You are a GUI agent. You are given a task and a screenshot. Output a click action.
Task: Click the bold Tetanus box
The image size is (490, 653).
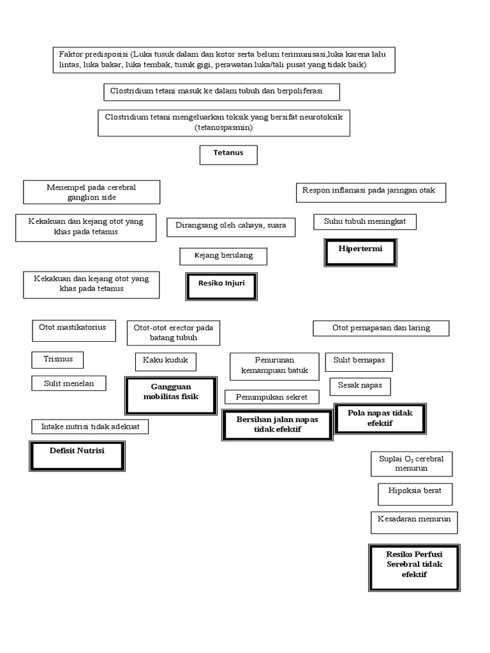pos(228,154)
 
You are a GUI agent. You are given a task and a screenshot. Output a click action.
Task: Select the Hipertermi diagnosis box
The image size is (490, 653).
pos(360,251)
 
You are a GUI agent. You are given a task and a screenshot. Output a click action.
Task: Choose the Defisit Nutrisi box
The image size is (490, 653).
pos(77,455)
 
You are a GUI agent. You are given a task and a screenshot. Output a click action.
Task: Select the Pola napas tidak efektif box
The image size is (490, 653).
pos(380,418)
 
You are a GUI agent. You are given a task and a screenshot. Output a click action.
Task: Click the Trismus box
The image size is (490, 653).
pos(58,359)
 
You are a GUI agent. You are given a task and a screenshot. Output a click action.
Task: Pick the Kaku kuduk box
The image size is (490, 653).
pos(165,362)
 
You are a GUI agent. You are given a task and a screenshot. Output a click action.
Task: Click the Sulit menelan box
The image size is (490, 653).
pos(69,383)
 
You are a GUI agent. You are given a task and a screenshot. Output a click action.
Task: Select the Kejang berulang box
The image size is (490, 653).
pos(223,256)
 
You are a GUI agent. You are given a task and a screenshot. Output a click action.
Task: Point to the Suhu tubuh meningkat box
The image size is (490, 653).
pos(364,221)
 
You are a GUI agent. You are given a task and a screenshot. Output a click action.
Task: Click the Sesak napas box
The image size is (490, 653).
pos(360,386)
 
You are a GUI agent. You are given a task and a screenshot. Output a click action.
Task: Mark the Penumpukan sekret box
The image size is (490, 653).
pos(271,397)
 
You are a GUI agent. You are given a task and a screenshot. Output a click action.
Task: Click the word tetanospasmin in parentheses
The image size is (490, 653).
pos(224,128)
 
